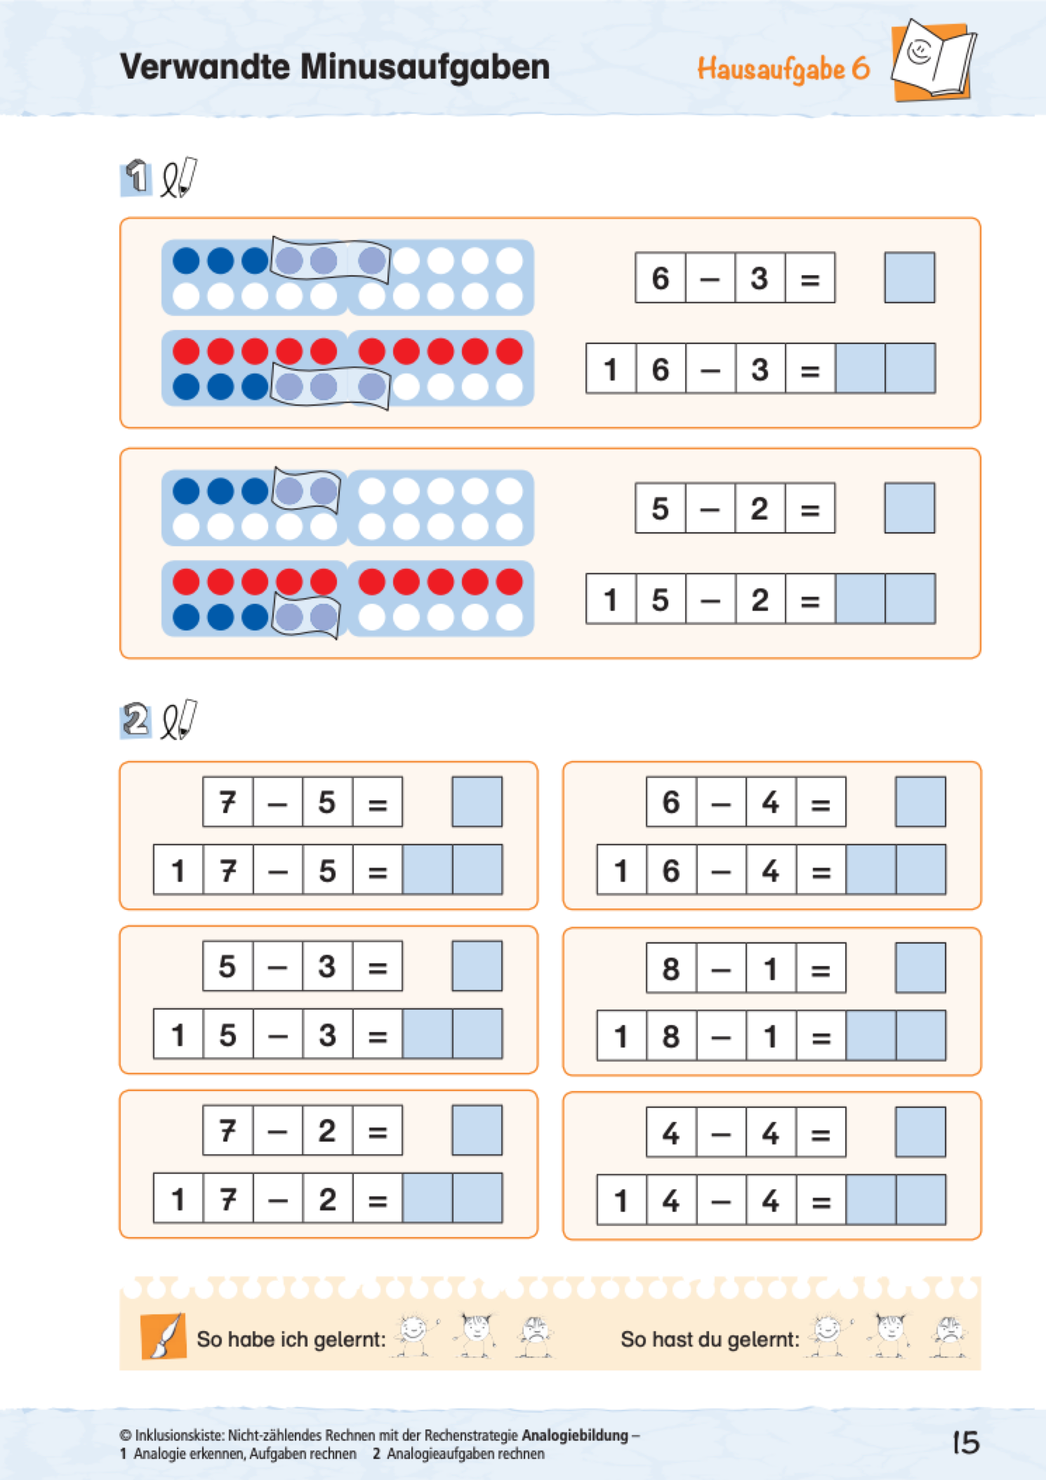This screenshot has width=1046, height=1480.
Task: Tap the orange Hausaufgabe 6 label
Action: (783, 70)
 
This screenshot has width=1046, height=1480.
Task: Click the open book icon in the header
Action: (932, 60)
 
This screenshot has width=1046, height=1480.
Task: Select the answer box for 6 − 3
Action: (909, 278)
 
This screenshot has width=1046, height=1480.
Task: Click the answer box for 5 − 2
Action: (909, 508)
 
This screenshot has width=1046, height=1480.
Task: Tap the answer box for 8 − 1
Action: (920, 967)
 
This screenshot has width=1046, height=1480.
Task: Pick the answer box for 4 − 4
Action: (920, 1132)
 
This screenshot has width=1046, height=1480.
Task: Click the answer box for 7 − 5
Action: (477, 802)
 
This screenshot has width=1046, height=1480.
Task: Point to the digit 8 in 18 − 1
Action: (671, 1036)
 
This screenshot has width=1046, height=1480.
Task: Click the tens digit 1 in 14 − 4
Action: (621, 1200)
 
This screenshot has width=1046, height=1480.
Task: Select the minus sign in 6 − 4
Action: (721, 802)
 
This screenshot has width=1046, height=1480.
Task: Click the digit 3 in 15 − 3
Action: (327, 1035)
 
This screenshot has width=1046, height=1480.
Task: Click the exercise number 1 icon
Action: (136, 177)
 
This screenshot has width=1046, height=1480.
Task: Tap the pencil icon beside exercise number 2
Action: (179, 720)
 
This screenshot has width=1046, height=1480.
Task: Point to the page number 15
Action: (965, 1443)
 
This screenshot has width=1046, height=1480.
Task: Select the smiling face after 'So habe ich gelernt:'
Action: (414, 1335)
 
